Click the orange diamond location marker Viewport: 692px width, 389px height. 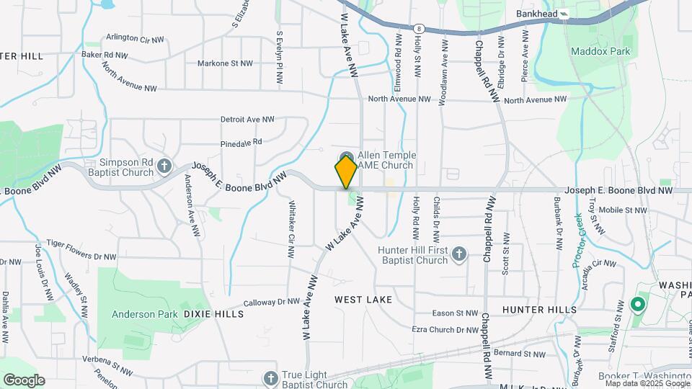click(346, 171)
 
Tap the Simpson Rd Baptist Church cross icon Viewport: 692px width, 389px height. click(164, 167)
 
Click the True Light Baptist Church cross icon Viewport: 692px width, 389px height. click(270, 378)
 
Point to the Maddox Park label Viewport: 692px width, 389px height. click(600, 51)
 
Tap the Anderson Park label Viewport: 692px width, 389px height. click(143, 314)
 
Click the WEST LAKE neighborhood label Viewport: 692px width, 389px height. click(363, 299)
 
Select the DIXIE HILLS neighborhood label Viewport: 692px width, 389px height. click(209, 314)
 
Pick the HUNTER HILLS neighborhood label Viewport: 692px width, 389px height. click(539, 310)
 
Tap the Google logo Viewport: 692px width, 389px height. click(24, 380)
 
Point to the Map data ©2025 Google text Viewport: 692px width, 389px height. click(647, 383)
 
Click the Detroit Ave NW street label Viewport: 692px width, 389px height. click(247, 120)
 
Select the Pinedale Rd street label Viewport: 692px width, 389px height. click(241, 143)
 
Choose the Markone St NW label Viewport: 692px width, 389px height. click(225, 63)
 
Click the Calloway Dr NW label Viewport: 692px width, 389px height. click(272, 303)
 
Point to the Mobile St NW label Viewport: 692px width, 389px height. click(623, 210)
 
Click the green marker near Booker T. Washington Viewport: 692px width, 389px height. click(637, 305)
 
